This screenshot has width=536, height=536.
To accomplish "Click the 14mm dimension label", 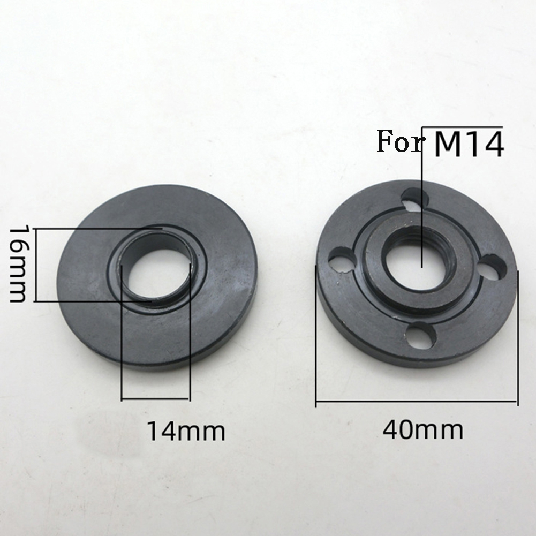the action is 186,432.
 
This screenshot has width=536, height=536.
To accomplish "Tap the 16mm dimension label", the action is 17,263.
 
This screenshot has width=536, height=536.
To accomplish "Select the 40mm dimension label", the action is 423,429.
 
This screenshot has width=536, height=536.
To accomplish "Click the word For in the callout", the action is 399,141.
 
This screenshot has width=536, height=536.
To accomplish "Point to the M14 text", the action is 469,144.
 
